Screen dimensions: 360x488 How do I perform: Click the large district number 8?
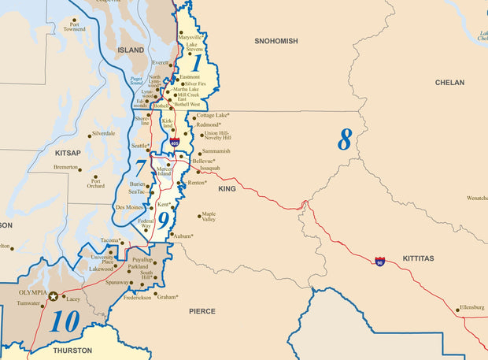345,139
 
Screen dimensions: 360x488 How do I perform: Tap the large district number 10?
65,321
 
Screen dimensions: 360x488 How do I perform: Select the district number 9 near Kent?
162,218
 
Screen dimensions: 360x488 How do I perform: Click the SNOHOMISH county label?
275,40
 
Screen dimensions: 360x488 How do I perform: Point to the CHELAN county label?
449,82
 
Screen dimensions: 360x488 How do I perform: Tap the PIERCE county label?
201,311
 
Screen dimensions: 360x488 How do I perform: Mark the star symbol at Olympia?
53,296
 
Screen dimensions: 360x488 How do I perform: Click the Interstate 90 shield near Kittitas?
380,260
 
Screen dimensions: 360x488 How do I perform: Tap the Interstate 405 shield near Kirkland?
174,142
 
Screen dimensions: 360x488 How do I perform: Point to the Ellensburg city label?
471,306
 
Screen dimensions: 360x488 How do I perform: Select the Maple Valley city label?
209,216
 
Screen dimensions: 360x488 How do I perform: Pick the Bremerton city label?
65,167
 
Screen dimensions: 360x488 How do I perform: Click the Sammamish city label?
216,150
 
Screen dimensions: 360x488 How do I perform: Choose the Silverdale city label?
103,133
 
